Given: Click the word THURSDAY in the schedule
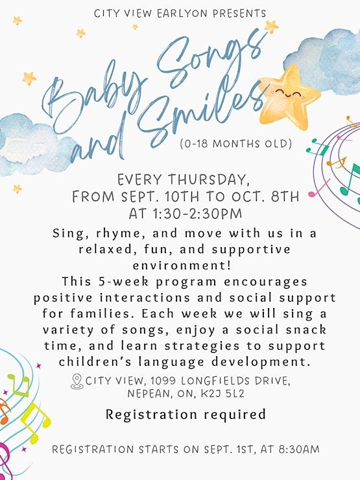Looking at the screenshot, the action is tap(209, 180).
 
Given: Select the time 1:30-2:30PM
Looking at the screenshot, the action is tap(197, 213).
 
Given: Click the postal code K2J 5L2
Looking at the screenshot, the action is tap(223, 393).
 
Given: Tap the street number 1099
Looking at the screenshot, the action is tap(163, 381).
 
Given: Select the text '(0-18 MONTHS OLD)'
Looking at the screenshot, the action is tap(235, 143).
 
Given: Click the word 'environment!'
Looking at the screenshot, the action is tap(182, 265).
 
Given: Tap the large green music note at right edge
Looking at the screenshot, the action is tap(350, 180).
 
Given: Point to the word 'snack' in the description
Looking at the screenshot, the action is tap(306, 330).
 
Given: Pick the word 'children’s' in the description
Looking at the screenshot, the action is tap(95, 361).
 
